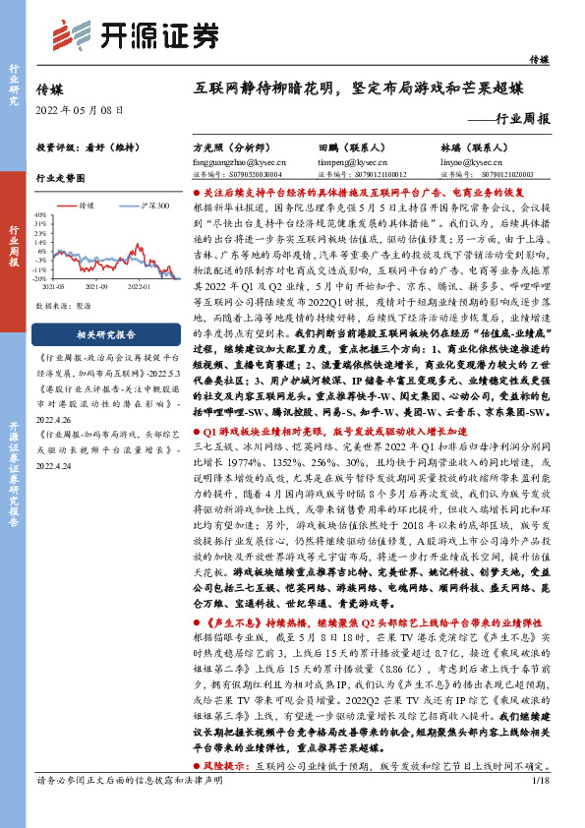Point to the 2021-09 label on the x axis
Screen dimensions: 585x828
[x=96, y=286]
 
